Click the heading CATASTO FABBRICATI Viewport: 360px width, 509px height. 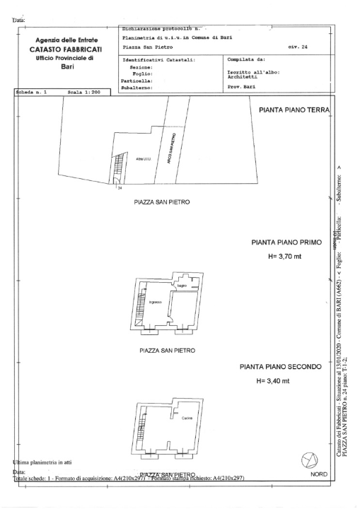coord(66,49)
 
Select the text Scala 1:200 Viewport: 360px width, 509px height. coord(82,91)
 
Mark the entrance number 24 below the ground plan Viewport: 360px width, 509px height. coord(120,188)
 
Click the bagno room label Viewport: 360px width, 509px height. coord(182,286)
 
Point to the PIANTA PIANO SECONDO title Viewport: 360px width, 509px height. coord(281,367)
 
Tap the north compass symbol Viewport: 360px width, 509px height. coord(309,460)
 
